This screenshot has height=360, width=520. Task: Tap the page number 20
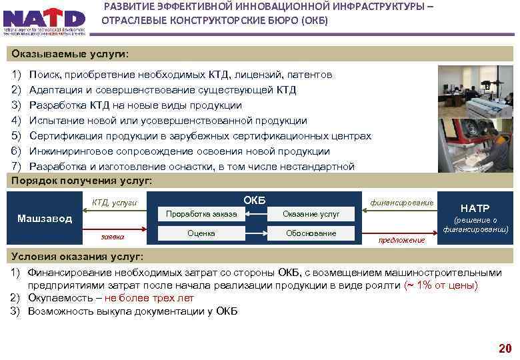pos(505,348)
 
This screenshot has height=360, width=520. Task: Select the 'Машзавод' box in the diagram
pos(45,219)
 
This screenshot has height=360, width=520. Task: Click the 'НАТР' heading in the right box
pos(475,208)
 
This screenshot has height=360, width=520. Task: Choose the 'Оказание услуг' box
pos(311,213)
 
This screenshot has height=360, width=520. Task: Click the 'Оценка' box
pos(201,233)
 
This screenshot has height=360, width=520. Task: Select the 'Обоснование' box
pos(311,233)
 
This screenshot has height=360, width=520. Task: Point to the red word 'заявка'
pos(112,236)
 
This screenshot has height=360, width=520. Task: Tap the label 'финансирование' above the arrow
pos(402,201)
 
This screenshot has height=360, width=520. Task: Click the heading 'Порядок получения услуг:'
pos(82,181)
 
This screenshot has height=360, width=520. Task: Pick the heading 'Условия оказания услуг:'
pos(77,257)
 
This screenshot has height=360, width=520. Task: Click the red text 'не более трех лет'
pos(149,298)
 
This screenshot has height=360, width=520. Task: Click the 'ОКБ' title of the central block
pos(254,199)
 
